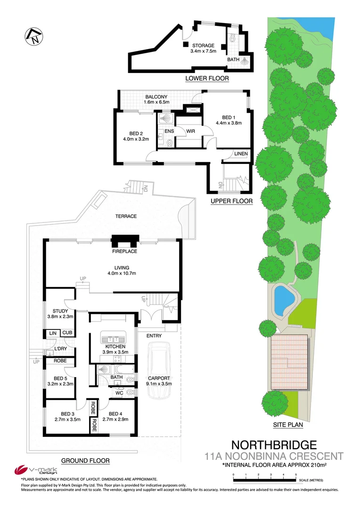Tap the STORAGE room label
202,46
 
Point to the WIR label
190,131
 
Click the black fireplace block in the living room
124,241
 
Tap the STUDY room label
60,311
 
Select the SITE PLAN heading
287,425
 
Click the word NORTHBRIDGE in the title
274,444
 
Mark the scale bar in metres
264,480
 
